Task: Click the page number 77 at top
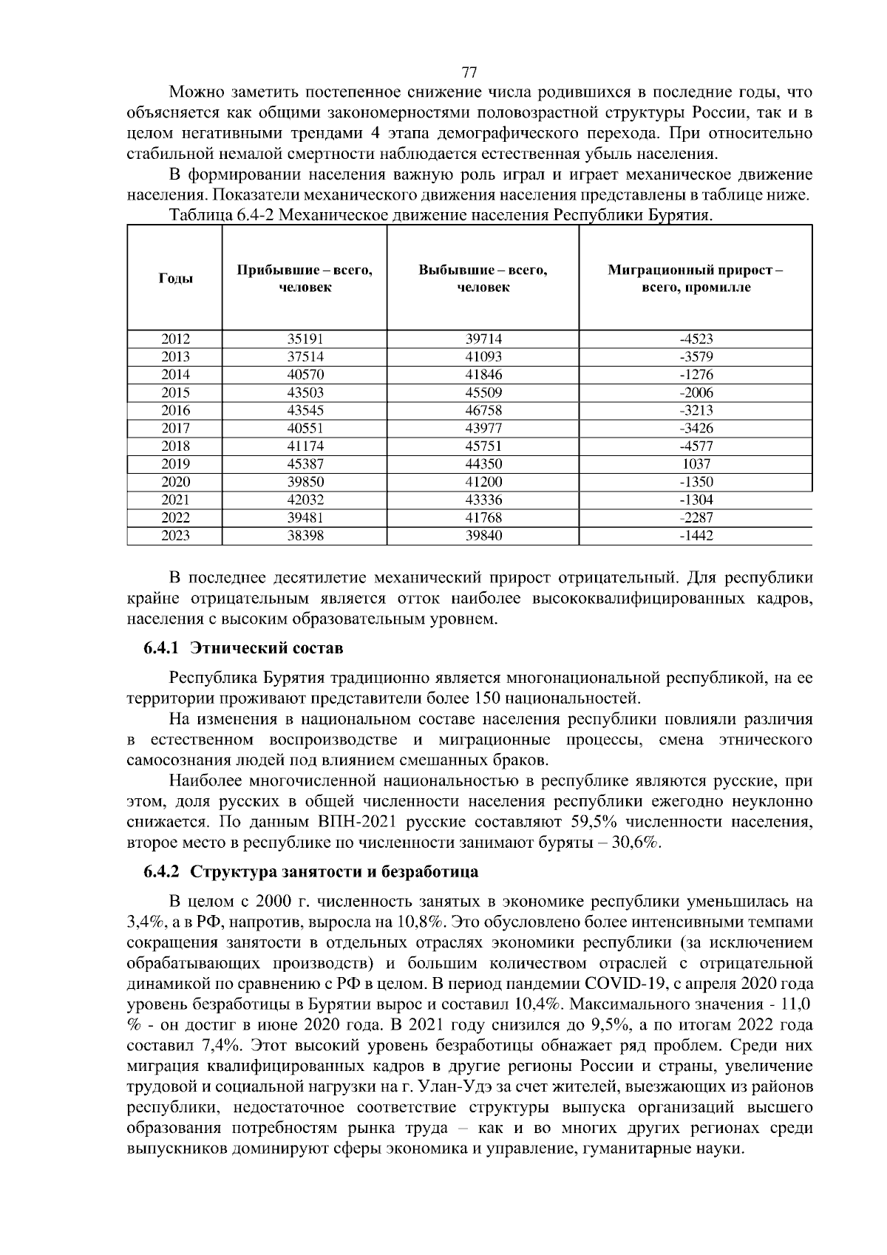click(x=469, y=72)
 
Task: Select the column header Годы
click(x=176, y=279)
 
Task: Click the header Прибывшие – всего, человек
click(x=305, y=279)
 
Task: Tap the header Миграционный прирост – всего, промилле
click(x=695, y=279)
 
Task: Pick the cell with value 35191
click(x=305, y=339)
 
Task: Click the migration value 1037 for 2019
click(x=696, y=464)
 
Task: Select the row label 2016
click(x=176, y=410)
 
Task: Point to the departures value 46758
click(x=483, y=410)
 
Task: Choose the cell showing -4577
click(x=696, y=446)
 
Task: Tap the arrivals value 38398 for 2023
click(x=305, y=536)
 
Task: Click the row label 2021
click(x=176, y=500)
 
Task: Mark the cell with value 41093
click(x=483, y=357)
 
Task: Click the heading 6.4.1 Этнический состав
click(x=243, y=649)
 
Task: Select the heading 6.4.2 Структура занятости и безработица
click(x=310, y=871)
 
